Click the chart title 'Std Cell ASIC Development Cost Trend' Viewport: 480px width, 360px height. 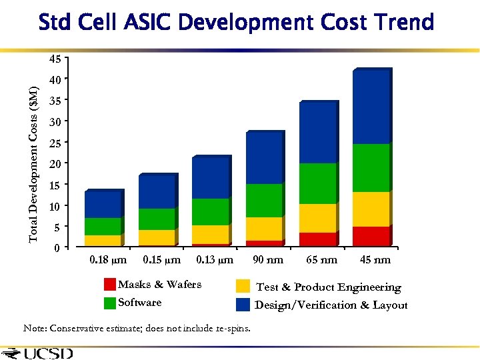[237, 22]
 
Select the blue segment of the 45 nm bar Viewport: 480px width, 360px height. [371, 107]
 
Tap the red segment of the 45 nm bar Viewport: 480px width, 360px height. [371, 237]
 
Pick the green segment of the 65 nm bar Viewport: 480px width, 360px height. [317, 183]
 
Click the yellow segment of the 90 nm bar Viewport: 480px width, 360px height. [264, 229]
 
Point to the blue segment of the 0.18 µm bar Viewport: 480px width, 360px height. [103, 205]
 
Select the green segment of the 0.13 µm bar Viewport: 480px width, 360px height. [211, 212]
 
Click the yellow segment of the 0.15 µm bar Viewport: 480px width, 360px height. [157, 237]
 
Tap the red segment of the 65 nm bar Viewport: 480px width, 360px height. [317, 239]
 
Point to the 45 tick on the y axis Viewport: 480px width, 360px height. [56, 59]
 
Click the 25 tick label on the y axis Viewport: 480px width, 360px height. [56, 143]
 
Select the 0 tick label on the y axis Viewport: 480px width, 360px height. [58, 248]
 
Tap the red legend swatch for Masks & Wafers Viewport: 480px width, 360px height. [110, 285]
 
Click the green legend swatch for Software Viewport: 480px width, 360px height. [110, 303]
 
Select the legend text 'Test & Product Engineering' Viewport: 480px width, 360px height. [329, 287]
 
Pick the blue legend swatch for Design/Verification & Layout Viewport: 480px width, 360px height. [243, 305]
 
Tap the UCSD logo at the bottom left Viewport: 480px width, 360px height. [39, 353]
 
